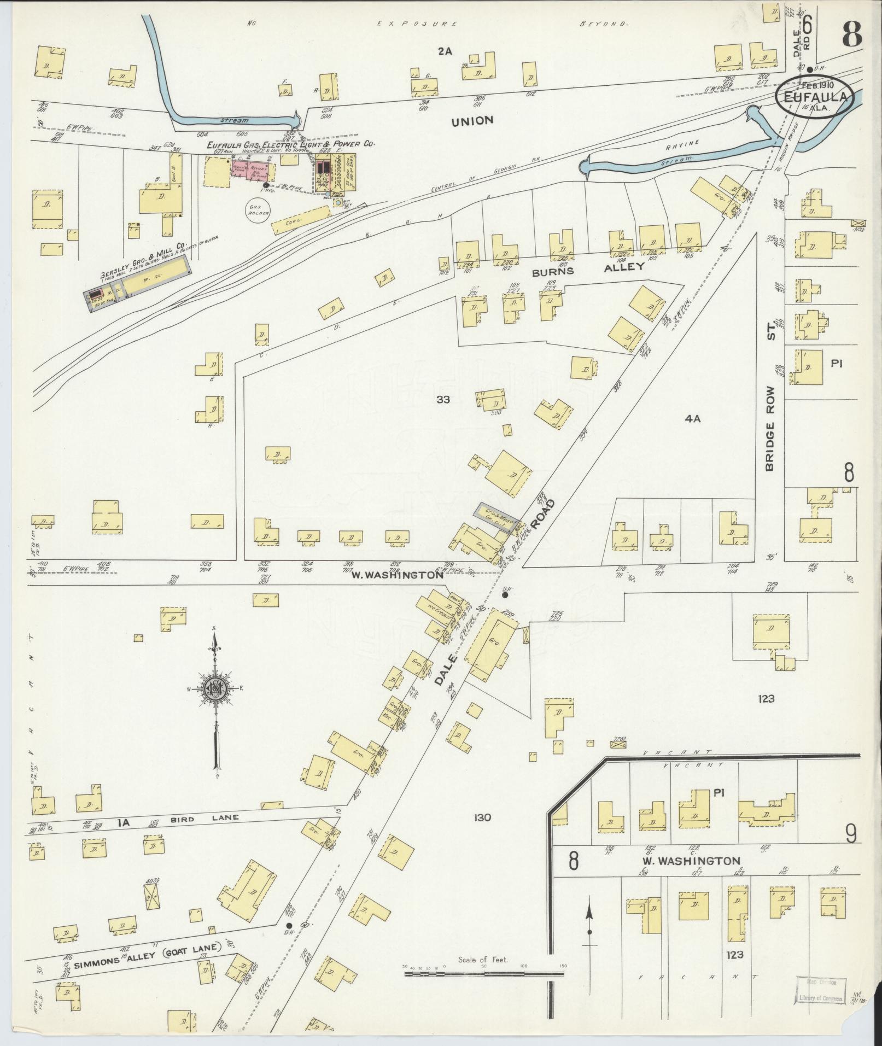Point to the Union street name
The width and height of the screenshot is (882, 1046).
[472, 121]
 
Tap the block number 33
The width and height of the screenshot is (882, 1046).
[443, 400]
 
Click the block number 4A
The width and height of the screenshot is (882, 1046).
[692, 419]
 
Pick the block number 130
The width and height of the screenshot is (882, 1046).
[483, 818]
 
